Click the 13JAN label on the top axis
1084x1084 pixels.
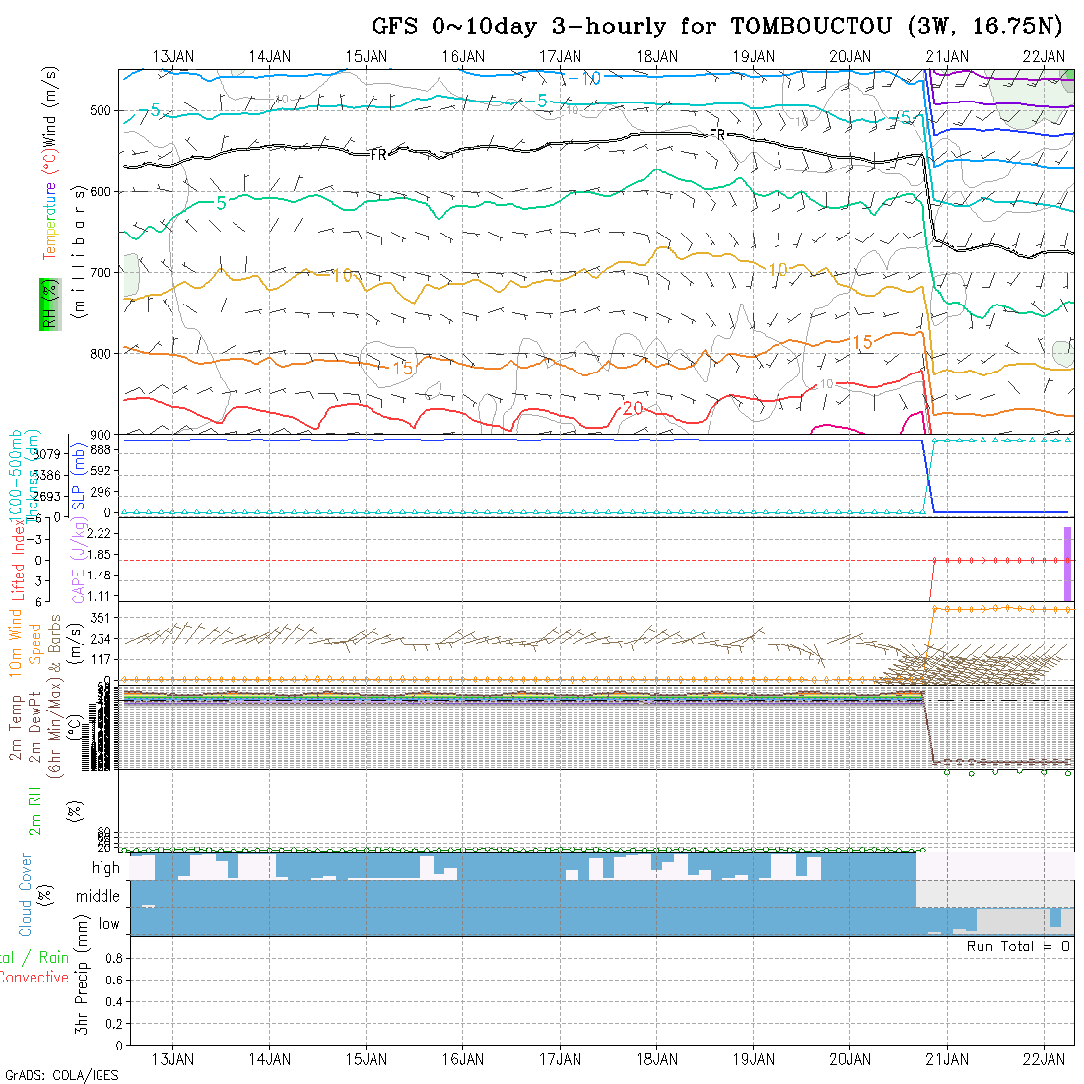tap(173, 56)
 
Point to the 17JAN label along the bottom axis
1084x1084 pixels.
tap(561, 1059)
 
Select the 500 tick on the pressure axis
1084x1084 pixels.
tap(102, 111)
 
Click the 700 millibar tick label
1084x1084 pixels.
tap(102, 272)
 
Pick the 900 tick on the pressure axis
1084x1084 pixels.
tap(102, 434)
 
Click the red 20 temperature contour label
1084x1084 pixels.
tap(633, 409)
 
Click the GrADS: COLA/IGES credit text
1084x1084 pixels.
tap(61, 1075)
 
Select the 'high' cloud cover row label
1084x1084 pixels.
tap(105, 868)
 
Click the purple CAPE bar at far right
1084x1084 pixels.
tap(1067, 563)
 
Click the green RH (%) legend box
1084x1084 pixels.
tap(49, 305)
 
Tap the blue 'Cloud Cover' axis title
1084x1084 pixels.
tap(25, 895)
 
